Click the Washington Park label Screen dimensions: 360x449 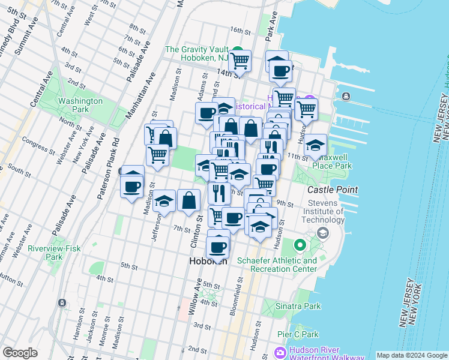[80, 106]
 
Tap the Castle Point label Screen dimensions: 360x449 [332, 190]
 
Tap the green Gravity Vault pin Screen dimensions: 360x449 [238, 52]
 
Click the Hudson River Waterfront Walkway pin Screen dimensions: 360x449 [280, 352]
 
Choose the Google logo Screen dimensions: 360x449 [20, 353]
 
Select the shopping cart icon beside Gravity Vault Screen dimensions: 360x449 [240, 59]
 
